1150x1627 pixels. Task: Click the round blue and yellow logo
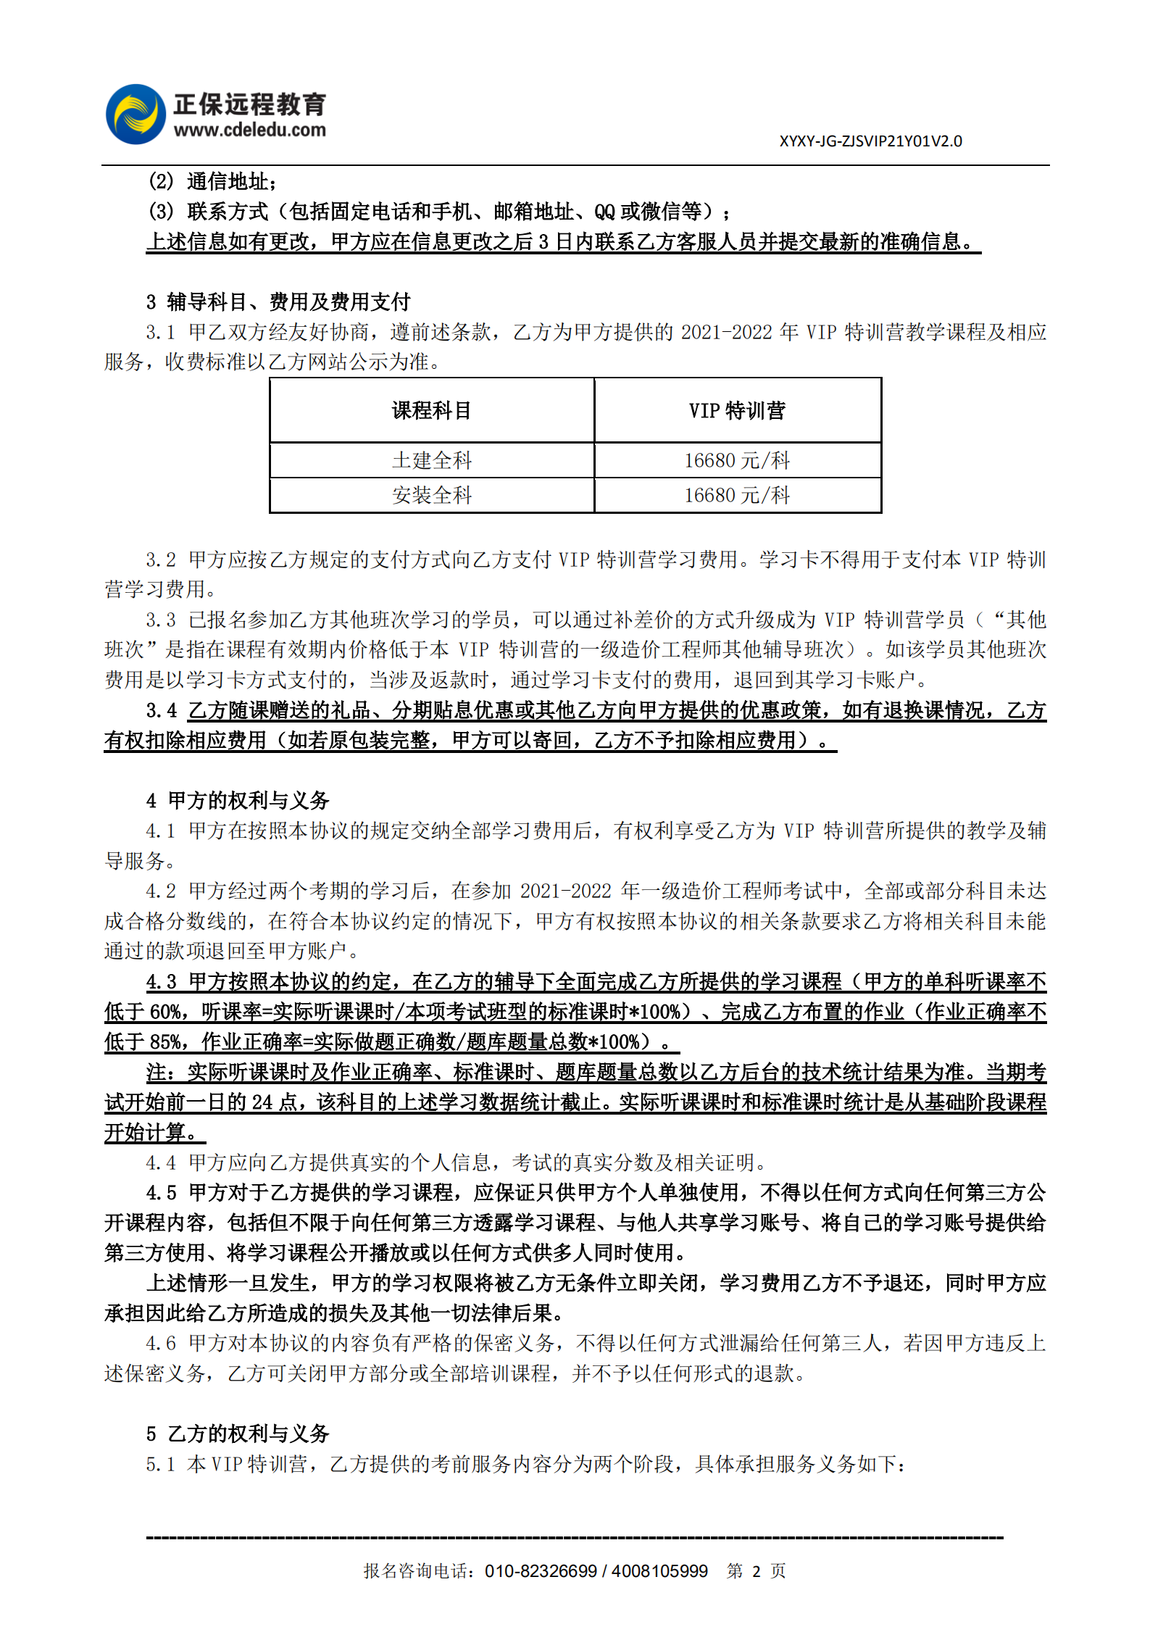tap(136, 115)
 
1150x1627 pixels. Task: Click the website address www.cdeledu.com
tap(249, 130)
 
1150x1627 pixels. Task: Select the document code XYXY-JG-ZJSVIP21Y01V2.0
tap(870, 141)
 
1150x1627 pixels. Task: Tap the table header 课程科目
tap(431, 411)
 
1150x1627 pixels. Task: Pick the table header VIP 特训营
tap(737, 411)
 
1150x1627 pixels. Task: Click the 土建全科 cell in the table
tap(431, 460)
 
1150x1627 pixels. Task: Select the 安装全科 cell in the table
tap(431, 496)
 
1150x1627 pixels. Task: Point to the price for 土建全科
tap(737, 460)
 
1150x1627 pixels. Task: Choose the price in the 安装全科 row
tap(737, 496)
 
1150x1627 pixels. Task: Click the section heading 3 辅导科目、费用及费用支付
tap(278, 301)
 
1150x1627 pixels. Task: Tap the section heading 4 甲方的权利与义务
tap(238, 801)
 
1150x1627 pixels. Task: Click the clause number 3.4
tap(161, 711)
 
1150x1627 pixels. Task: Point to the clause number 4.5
tap(161, 1193)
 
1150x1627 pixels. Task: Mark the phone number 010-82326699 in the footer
tap(541, 1571)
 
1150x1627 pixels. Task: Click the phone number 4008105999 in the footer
tap(659, 1571)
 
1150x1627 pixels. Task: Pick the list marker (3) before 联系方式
tap(161, 212)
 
